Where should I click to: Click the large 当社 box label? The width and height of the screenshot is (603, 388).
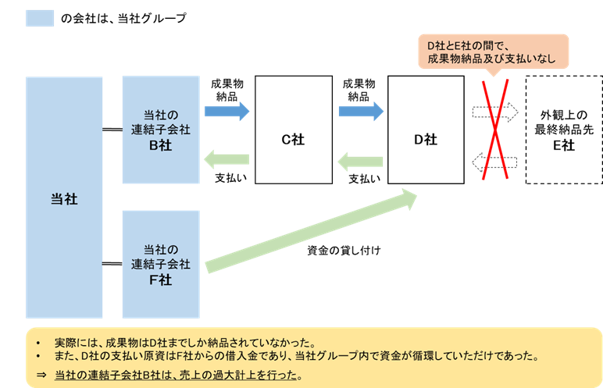pos(64,199)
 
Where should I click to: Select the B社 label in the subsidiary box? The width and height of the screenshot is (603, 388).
pos(160,144)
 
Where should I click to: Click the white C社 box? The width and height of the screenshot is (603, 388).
pos(293,140)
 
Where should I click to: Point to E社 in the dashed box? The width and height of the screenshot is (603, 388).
pos(563,144)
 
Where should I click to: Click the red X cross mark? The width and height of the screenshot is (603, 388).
pos(494,130)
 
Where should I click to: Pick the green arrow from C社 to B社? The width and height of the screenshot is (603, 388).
pos(227,160)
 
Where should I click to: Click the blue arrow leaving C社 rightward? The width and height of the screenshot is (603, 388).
pos(361,112)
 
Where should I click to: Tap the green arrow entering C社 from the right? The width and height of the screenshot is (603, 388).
pos(361,162)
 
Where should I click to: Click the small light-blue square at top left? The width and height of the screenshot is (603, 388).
pos(40,18)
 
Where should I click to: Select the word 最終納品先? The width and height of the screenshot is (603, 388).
pos(563,129)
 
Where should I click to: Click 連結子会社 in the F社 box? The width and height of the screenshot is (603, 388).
pos(160,264)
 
